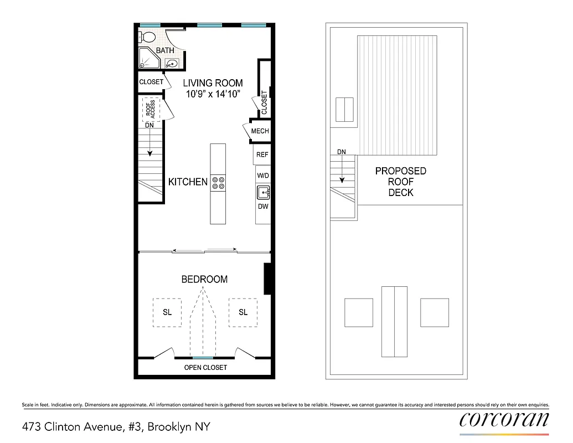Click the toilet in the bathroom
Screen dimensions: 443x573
point(147,37)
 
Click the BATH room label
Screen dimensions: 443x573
point(165,51)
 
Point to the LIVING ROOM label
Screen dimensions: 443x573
point(213,83)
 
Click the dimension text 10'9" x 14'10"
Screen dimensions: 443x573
point(213,94)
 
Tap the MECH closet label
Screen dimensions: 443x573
point(260,131)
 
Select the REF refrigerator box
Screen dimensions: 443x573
point(262,154)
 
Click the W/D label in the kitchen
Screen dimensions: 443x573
point(262,175)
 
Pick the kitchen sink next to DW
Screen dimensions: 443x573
point(263,193)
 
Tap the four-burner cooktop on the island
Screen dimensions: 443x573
point(218,182)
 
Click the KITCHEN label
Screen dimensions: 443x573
point(188,182)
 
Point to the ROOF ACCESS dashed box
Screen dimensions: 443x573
point(151,109)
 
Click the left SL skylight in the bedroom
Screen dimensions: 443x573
point(167,312)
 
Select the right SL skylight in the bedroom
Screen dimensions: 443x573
point(243,312)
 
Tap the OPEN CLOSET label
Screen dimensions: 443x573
point(205,368)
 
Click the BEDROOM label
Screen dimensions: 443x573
point(204,280)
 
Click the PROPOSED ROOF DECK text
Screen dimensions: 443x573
point(401,182)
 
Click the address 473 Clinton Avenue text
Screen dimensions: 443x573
point(116,427)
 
